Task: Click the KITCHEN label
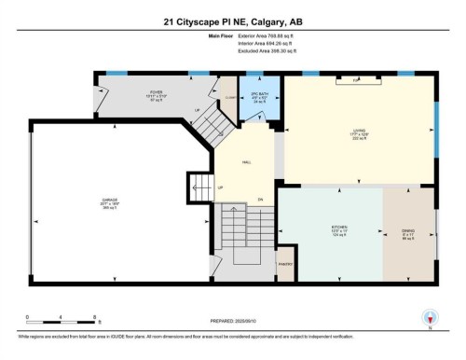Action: point(338,227)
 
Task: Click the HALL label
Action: point(246,161)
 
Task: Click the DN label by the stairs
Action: point(262,199)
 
